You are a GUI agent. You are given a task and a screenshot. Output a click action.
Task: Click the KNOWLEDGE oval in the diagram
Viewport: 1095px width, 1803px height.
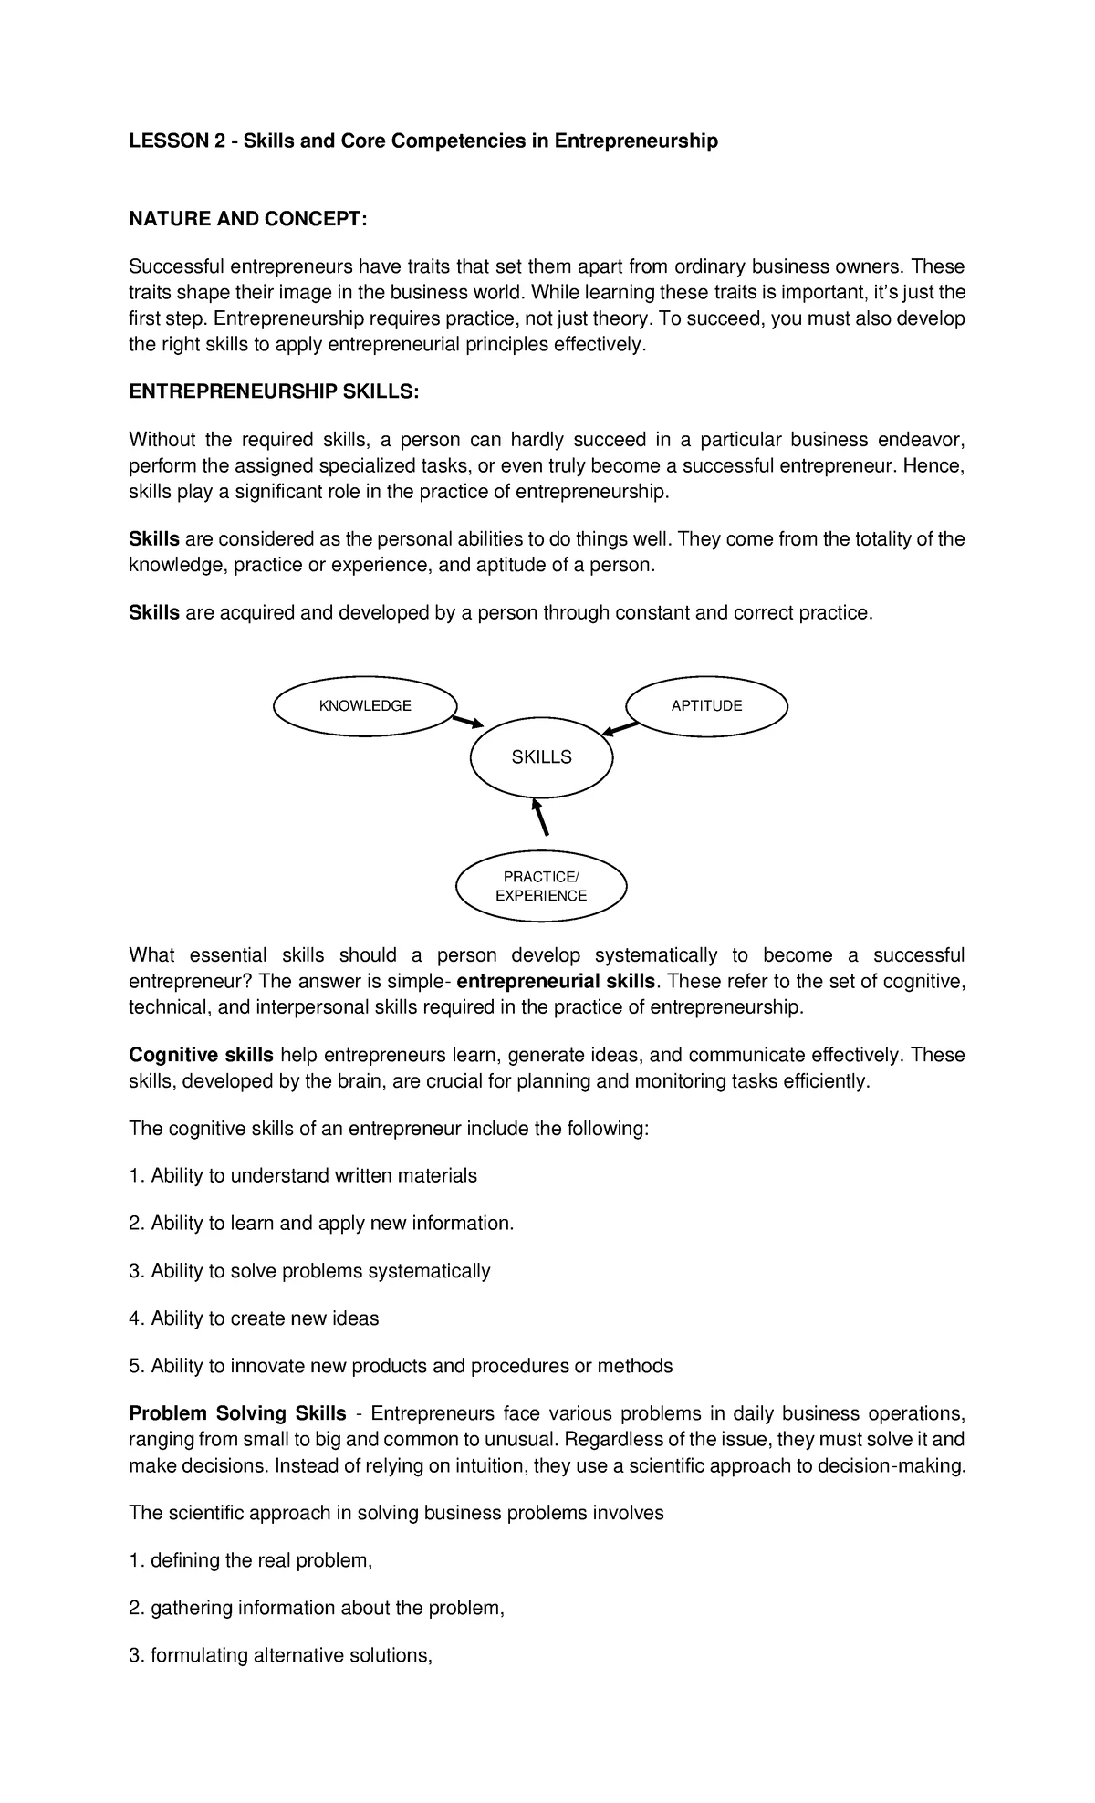click(x=365, y=705)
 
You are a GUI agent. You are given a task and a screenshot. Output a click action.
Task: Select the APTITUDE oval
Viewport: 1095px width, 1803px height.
click(x=706, y=705)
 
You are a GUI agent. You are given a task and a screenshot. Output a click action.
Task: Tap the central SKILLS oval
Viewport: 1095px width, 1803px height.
click(x=541, y=757)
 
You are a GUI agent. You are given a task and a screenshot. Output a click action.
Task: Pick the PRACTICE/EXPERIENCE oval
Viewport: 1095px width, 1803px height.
click(x=541, y=886)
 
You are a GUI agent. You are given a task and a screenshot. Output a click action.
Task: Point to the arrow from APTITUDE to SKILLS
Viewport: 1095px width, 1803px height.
click(x=620, y=728)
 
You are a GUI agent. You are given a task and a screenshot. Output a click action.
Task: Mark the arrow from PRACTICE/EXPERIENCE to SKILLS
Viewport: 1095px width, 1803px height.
click(x=540, y=817)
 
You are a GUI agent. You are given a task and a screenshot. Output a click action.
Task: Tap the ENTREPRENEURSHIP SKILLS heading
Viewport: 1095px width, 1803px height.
click(x=274, y=391)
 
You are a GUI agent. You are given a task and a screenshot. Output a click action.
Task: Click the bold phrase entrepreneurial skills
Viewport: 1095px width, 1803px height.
click(x=556, y=982)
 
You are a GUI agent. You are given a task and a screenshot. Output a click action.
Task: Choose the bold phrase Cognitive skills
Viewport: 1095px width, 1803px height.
click(x=201, y=1055)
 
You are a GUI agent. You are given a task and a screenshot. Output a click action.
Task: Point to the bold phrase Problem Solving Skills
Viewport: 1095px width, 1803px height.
click(x=237, y=1413)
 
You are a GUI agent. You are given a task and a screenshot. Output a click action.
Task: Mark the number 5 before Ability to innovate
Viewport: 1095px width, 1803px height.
click(x=135, y=1366)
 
